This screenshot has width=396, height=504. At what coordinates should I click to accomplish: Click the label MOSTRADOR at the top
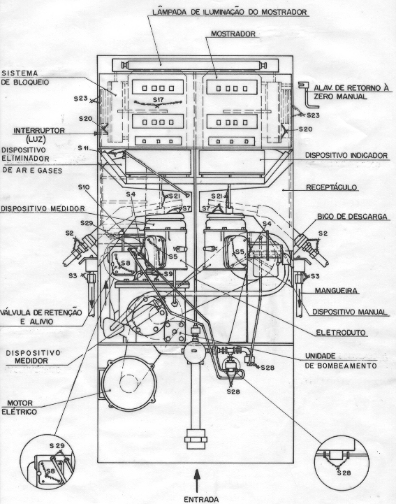pos(233,34)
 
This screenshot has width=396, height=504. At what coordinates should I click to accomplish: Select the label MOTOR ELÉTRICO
pos(20,408)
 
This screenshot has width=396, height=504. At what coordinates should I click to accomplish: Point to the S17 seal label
pos(159,99)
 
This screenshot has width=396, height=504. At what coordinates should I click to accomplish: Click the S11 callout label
pos(84,148)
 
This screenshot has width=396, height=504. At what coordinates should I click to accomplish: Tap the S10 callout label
pos(84,187)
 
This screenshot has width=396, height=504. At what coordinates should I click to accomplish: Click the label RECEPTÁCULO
pos(332,187)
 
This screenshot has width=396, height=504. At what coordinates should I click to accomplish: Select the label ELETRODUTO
pos(341,333)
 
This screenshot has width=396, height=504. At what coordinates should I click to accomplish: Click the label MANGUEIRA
pos(336,291)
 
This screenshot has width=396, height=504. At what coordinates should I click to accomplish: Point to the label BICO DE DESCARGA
pos(352,217)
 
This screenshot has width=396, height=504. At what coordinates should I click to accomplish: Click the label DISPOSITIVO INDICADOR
pos(346,156)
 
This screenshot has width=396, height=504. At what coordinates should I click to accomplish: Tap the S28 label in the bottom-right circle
pos(344,473)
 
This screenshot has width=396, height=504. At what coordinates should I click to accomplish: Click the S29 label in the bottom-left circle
pos(57,446)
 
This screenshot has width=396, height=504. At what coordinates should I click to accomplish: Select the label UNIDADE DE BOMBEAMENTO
pos(340,361)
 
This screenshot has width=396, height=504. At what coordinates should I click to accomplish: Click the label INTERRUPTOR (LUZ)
pos(39,135)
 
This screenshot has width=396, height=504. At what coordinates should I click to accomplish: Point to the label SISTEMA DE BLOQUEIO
pos(25,78)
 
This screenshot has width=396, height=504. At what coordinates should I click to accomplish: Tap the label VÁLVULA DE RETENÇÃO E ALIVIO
pos(41,317)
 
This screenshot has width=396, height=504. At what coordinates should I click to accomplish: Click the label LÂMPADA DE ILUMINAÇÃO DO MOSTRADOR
pos(230,12)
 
